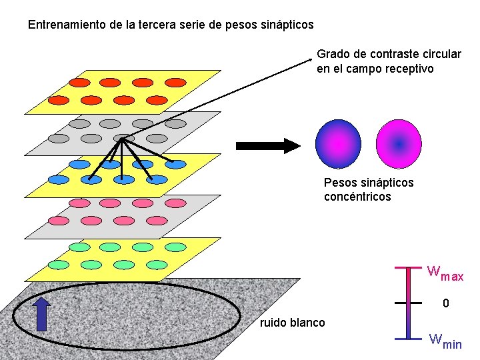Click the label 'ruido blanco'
[292, 323]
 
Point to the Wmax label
[445, 273]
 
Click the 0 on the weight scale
[447, 303]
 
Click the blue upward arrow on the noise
[41, 315]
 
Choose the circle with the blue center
[399, 143]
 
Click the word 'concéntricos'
[357, 197]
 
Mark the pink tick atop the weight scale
[409, 267]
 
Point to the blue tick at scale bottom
[409, 339]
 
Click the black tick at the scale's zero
[409, 303]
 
